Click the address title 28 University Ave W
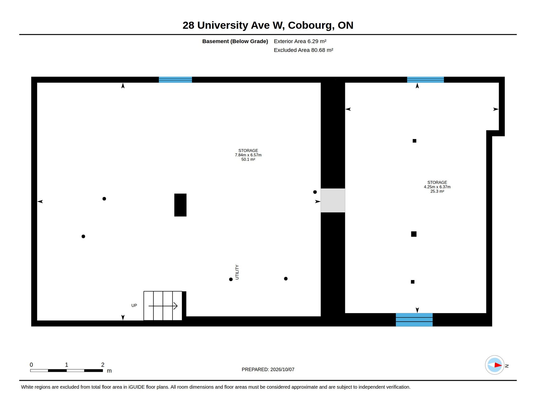coord(233,25)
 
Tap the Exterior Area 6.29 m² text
coord(300,41)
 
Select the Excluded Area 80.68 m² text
coord(303,50)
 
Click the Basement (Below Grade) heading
coord(235,41)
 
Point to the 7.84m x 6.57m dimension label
coord(248,155)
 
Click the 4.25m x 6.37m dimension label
coord(437,187)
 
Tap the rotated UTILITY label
coord(237,272)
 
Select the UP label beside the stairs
coord(134,305)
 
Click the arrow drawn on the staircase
coord(163,306)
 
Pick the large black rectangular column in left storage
coord(180,205)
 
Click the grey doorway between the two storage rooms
coord(333,200)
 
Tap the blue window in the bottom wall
coord(414,320)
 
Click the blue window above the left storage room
coord(175,80)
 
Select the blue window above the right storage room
coord(425,80)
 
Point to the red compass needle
coord(498,365)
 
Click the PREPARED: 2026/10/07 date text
coord(268,370)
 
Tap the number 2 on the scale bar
coord(103,365)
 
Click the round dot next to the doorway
coord(315,192)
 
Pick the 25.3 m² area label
coord(437,191)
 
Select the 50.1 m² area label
coord(248,159)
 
